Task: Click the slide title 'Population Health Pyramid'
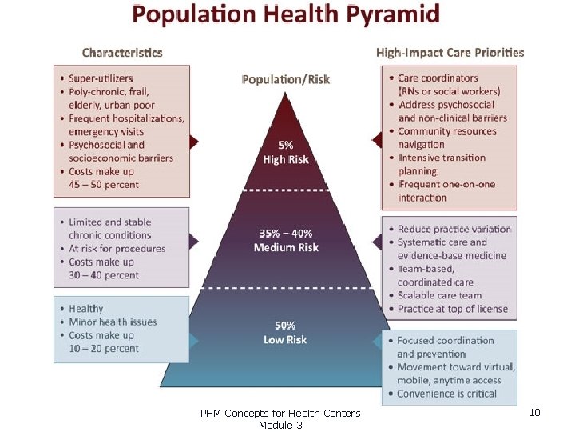click(x=286, y=14)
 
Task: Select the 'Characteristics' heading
click(x=122, y=53)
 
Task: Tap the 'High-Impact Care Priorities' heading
click(x=450, y=53)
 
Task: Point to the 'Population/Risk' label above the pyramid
click(x=285, y=79)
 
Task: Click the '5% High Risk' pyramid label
click(x=286, y=153)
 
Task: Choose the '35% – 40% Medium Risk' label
click(x=286, y=240)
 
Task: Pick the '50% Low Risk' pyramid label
click(x=285, y=333)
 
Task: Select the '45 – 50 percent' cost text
click(x=104, y=185)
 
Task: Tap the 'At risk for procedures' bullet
click(x=117, y=248)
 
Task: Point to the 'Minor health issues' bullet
click(x=113, y=322)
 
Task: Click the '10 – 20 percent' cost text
click(x=104, y=348)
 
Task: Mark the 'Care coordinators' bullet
click(x=438, y=78)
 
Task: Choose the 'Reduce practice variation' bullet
click(x=454, y=229)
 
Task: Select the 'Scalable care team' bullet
click(x=439, y=295)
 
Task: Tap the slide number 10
click(x=535, y=412)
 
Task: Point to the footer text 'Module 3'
click(x=280, y=425)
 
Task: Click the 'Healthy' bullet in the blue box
click(x=86, y=309)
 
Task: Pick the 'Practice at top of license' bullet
click(x=452, y=309)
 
